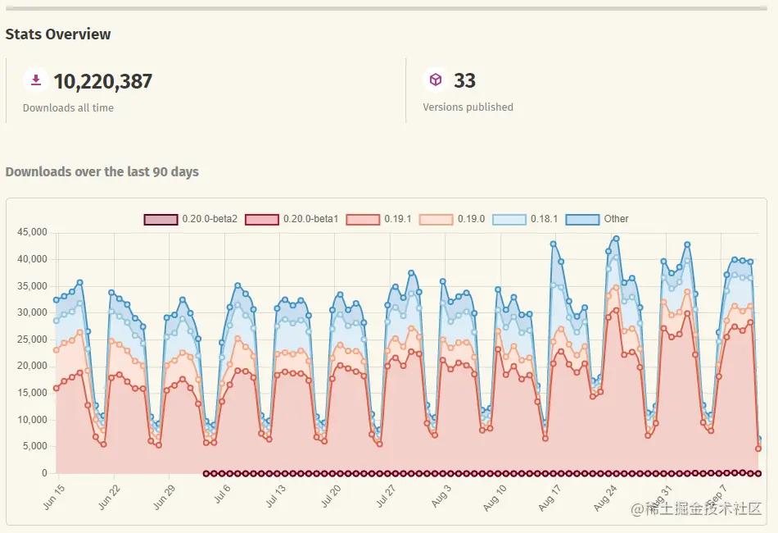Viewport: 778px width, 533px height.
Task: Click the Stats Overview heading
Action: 58,34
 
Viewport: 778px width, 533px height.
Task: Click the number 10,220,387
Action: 102,81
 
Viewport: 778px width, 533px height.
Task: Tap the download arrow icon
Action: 35,80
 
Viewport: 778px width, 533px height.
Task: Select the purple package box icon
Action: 436,80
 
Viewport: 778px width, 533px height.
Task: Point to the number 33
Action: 464,80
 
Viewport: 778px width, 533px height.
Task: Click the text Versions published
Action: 468,107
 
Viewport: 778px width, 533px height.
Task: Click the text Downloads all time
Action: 68,108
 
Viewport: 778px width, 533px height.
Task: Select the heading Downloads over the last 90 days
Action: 102,172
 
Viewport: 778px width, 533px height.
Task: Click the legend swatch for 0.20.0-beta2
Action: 161,219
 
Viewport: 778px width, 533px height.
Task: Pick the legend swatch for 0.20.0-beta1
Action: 262,219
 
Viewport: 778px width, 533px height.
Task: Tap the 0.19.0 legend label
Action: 471,219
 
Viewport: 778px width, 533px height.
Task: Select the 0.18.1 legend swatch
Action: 509,219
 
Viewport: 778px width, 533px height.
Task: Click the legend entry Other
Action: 616,219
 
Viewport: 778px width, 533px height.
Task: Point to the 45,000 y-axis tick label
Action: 32,233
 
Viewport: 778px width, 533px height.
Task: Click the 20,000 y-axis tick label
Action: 32,367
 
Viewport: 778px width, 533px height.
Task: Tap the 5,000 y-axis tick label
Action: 34,447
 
